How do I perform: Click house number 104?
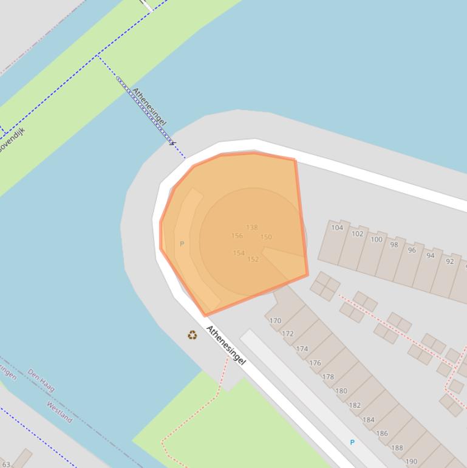[337, 228]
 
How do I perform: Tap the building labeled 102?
[357, 234]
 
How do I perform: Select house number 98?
[394, 245]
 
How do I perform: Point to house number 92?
[449, 261]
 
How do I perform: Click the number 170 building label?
[275, 321]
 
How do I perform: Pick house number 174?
[302, 349]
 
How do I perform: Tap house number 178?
[328, 377]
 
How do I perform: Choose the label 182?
[355, 405]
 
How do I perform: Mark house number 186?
[381, 434]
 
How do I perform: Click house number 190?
[411, 462]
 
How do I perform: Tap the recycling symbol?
[193, 335]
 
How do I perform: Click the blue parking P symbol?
[352, 442]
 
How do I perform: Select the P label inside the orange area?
[182, 244]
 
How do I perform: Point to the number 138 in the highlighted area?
[251, 228]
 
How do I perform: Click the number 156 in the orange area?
[237, 236]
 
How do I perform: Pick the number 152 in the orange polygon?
[253, 260]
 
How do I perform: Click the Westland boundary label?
[60, 412]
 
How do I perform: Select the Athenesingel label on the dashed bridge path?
[149, 108]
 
